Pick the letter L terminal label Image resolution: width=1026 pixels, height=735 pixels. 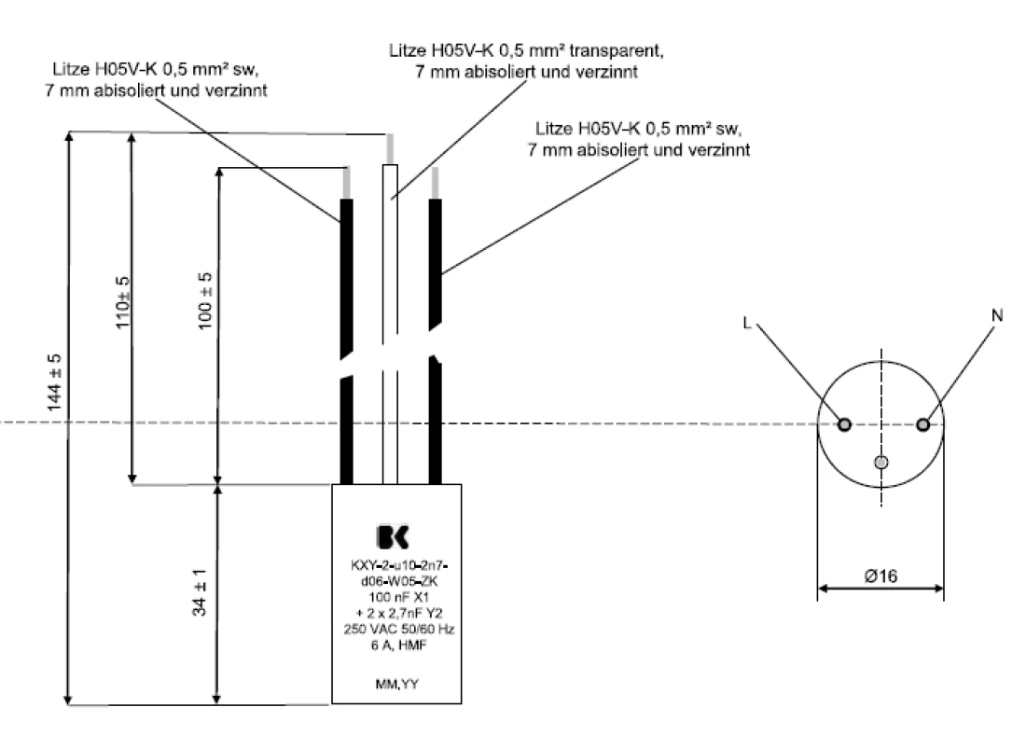click(748, 323)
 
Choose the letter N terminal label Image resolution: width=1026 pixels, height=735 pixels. click(997, 315)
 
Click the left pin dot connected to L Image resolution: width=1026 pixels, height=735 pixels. click(844, 425)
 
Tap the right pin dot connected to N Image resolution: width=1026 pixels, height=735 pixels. click(922, 425)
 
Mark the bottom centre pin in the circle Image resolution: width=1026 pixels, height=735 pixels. click(881, 463)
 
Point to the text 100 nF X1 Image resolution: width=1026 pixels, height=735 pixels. click(397, 594)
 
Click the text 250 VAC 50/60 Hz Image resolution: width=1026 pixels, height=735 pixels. click(397, 630)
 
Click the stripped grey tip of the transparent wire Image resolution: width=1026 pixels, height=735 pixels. click(390, 148)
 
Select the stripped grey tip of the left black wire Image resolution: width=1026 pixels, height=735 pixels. click(347, 182)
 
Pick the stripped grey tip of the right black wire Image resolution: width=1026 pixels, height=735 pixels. click(434, 183)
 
